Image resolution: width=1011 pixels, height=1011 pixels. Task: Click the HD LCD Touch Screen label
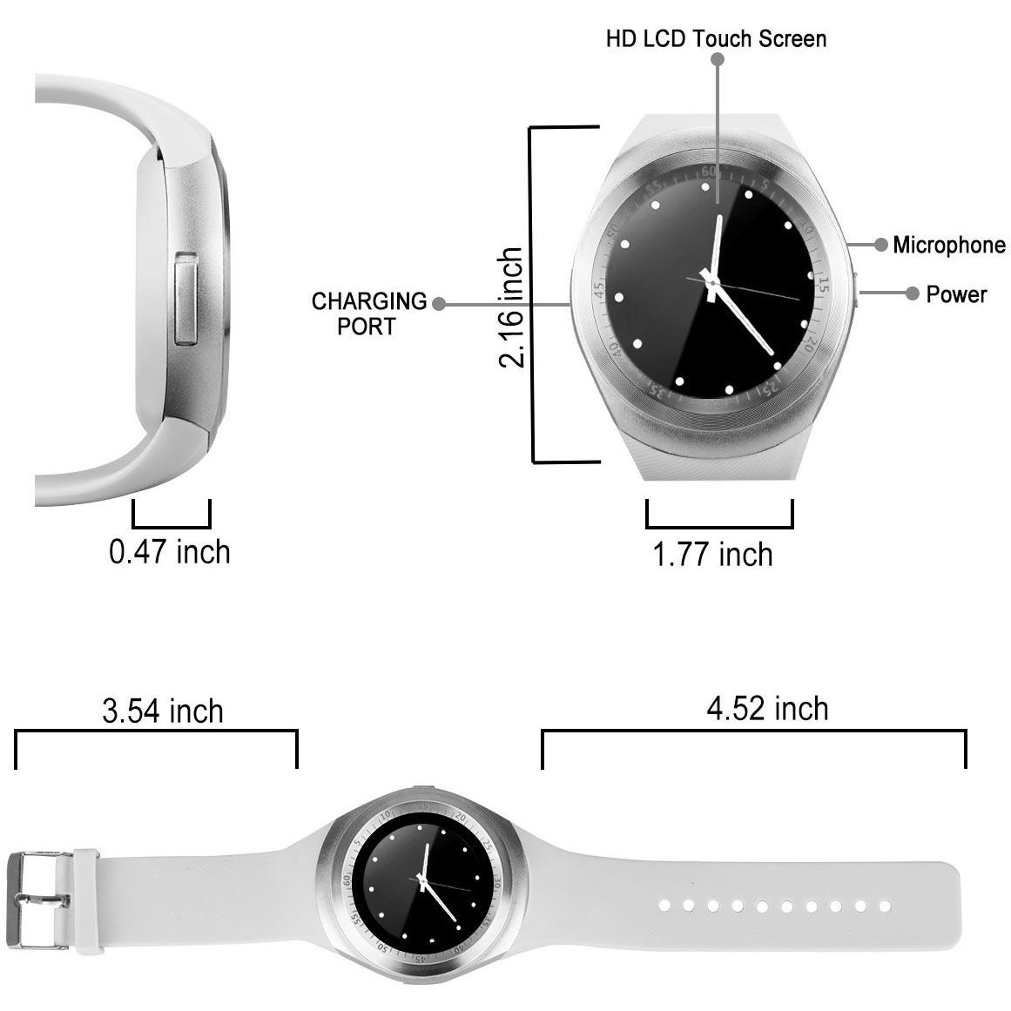[716, 38]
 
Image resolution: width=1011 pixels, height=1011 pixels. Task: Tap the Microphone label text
[948, 245]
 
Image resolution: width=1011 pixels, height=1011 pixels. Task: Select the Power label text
[956, 294]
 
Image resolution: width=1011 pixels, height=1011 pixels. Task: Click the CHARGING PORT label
[369, 314]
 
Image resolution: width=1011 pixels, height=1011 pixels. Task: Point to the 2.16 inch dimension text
[510, 307]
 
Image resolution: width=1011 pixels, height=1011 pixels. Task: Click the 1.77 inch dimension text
[712, 555]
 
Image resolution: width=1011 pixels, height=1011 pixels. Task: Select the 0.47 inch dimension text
[170, 552]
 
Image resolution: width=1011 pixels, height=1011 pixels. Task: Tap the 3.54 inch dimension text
[163, 711]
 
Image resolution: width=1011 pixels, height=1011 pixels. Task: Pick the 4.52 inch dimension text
[767, 709]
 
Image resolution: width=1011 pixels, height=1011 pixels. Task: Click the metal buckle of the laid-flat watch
[38, 900]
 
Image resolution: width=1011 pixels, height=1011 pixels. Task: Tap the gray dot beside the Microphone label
[880, 245]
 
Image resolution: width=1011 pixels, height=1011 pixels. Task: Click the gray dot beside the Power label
[912, 293]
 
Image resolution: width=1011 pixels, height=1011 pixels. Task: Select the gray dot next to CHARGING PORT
[439, 304]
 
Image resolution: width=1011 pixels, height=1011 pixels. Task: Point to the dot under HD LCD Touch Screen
[717, 59]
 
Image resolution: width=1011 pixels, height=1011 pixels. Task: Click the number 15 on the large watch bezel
[822, 284]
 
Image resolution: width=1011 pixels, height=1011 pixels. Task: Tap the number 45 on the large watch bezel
[599, 289]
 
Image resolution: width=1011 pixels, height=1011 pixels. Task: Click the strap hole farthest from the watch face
[885, 907]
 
